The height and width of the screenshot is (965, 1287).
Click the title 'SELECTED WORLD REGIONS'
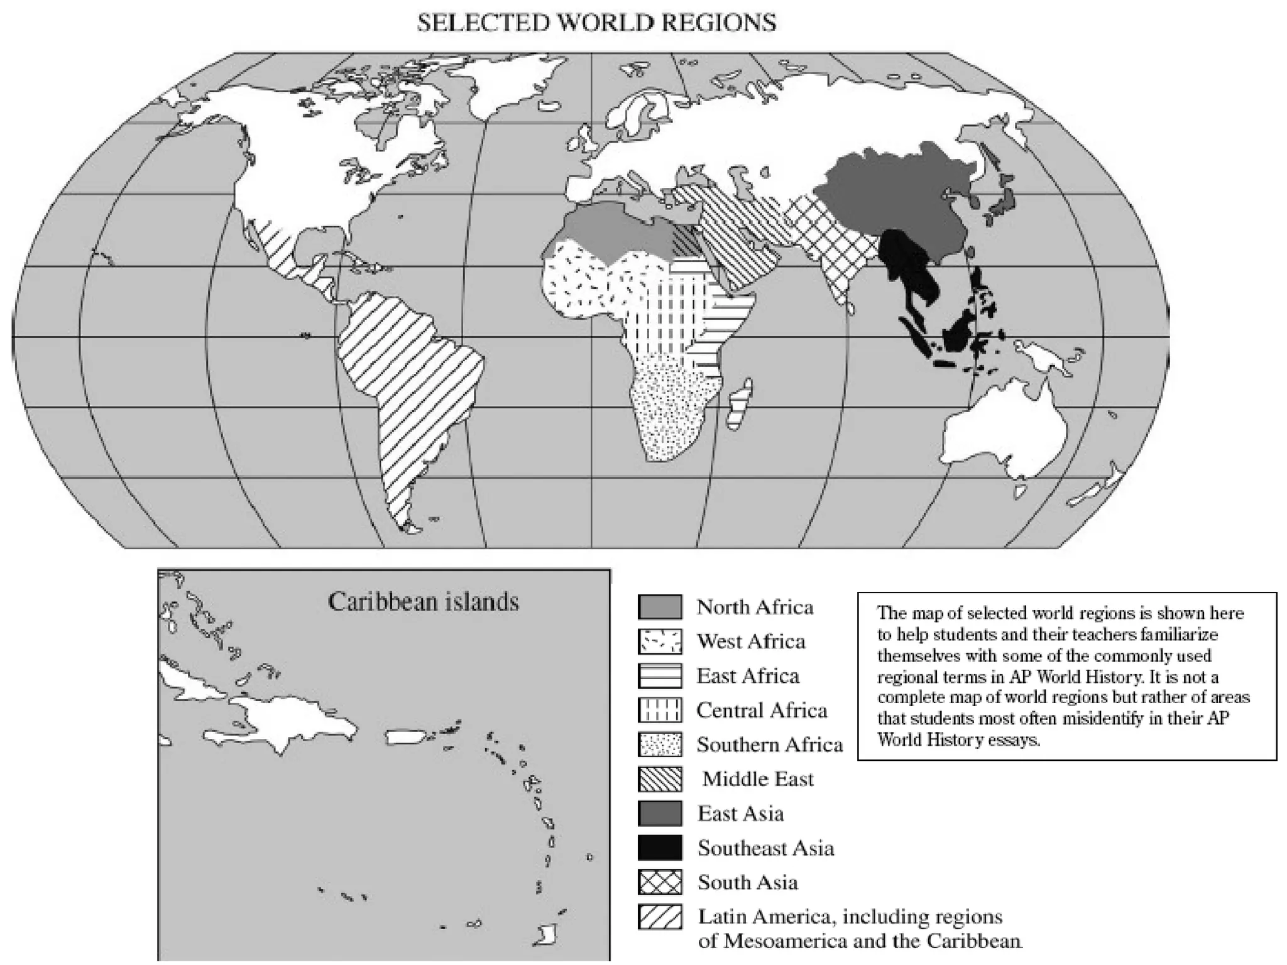tap(596, 23)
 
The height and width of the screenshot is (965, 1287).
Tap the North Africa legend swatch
tap(659, 607)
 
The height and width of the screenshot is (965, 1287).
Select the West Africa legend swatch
tap(659, 641)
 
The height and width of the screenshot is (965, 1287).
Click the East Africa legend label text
tap(748, 676)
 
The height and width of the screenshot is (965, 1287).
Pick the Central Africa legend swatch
tap(659, 711)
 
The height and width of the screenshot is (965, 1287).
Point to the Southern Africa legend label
tap(769, 744)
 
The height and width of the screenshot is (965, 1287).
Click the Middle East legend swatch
tap(659, 779)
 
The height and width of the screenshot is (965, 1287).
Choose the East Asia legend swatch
tap(659, 814)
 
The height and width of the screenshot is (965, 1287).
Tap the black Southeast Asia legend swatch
tap(659, 848)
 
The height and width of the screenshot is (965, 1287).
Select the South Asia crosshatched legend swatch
tap(659, 882)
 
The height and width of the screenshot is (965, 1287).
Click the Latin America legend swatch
tap(659, 917)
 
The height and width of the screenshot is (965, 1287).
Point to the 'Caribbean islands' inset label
tap(423, 602)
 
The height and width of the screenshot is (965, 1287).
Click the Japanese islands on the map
tap(999, 201)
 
